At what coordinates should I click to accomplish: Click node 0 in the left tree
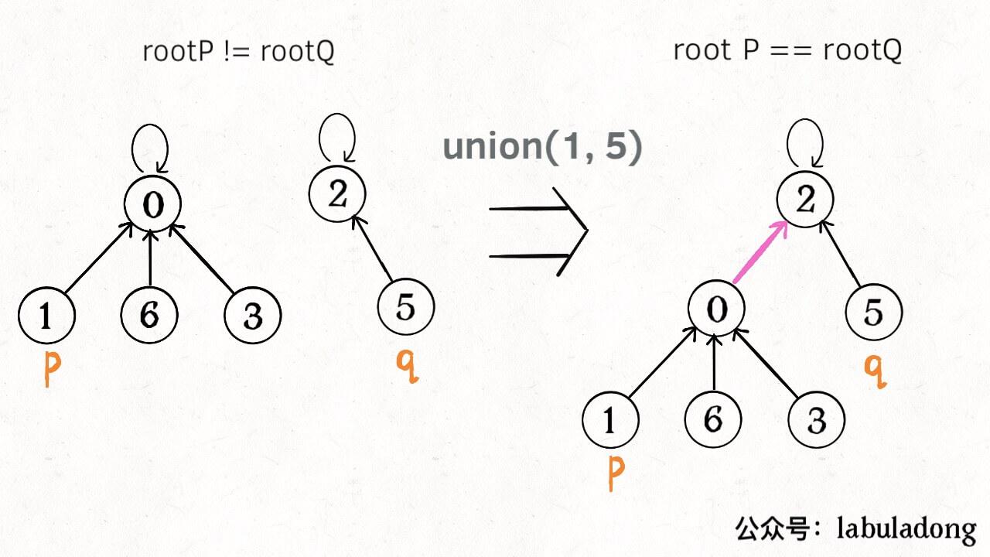(x=153, y=204)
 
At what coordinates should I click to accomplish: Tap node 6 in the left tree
(x=149, y=315)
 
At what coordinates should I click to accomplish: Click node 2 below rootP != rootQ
(x=337, y=194)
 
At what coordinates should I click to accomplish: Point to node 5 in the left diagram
(x=406, y=307)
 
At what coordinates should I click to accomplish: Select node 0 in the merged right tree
(x=717, y=310)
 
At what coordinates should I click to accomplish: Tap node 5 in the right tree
(x=874, y=313)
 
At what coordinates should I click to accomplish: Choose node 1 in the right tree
(x=610, y=421)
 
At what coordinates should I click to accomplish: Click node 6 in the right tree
(x=713, y=420)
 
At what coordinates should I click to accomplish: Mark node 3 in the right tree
(x=817, y=421)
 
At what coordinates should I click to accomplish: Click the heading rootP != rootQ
(x=238, y=52)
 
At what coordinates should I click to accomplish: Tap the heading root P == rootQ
(x=787, y=50)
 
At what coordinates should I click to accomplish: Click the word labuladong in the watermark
(x=906, y=529)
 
